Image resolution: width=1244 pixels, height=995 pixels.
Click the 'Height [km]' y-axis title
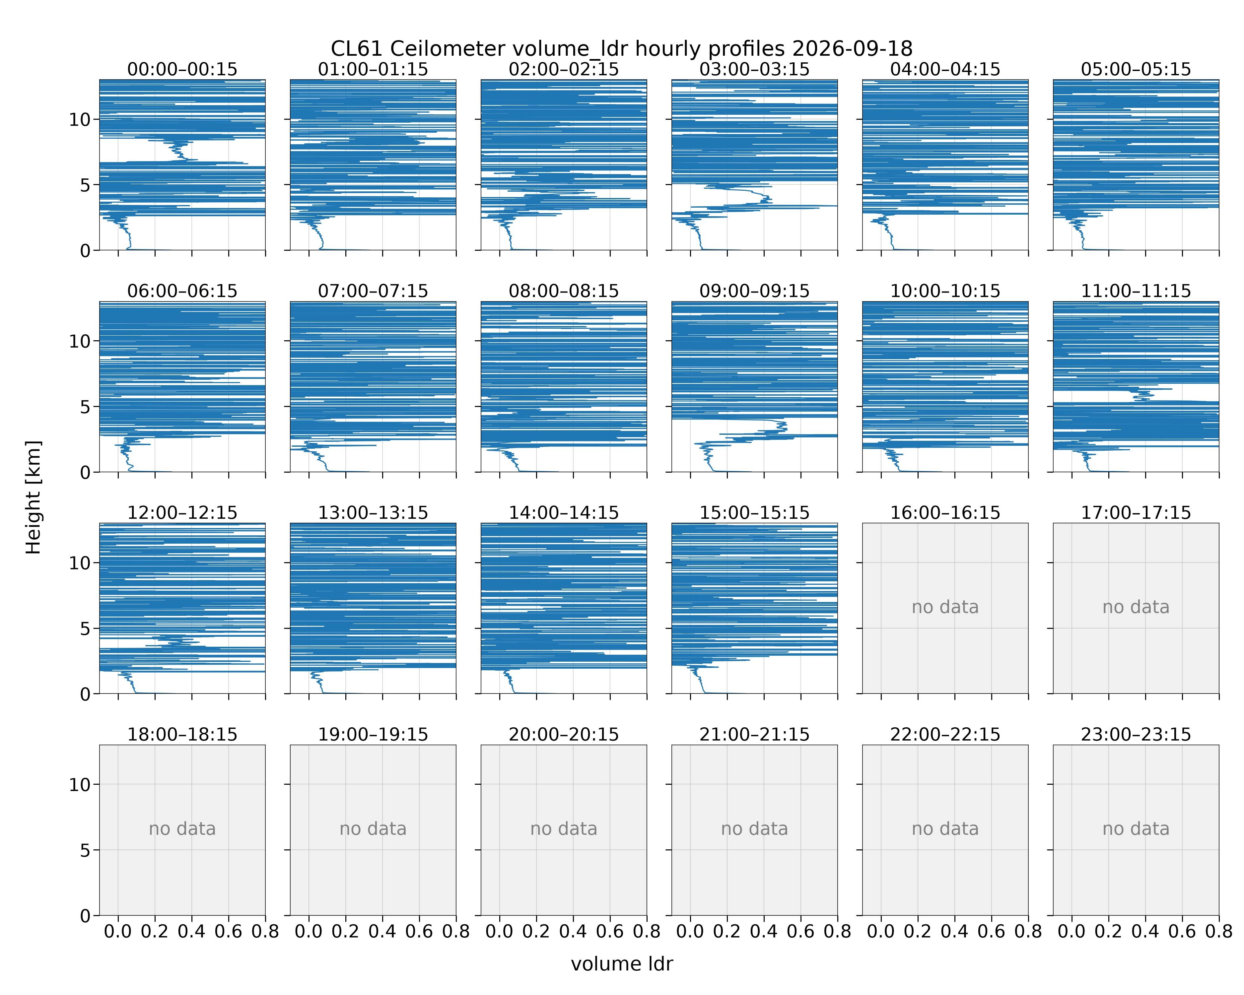34,497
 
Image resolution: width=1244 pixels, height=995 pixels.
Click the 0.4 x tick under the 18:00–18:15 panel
191,931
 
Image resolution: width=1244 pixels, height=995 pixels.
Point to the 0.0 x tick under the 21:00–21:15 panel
690,931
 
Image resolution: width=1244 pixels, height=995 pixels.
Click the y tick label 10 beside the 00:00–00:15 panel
80,119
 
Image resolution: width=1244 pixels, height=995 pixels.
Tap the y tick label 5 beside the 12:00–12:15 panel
85,628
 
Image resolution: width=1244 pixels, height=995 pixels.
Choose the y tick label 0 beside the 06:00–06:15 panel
85,472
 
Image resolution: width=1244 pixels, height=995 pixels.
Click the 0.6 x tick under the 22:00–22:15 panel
991,931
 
